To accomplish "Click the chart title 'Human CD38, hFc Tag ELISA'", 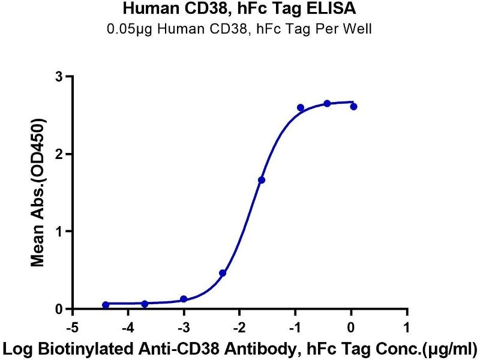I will point(239,10).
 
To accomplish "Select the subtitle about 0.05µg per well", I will point(239,29).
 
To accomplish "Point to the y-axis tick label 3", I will point(58,77).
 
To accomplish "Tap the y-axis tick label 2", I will point(58,154).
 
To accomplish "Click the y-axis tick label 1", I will point(58,232).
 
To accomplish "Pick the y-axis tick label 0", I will point(58,309).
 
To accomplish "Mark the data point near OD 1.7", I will point(262,180).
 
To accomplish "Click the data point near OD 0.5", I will point(223,273).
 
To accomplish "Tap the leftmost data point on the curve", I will point(106,305).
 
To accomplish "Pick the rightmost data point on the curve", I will point(353,106).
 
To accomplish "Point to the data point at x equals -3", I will point(184,299).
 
